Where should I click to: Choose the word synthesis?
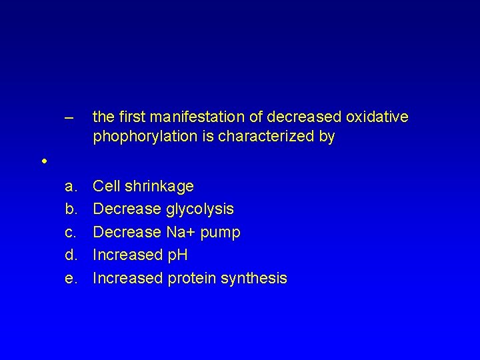point(253,279)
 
